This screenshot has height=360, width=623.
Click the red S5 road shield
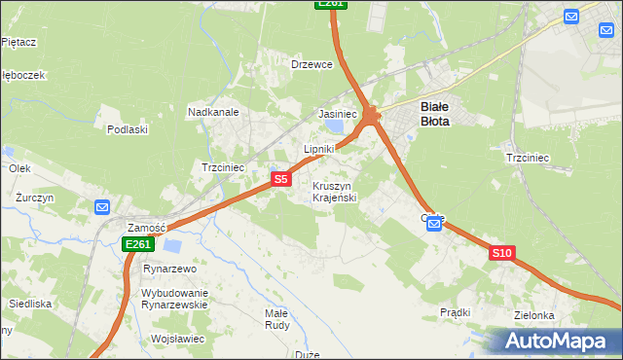pos(280,179)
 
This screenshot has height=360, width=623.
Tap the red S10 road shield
pos(501,253)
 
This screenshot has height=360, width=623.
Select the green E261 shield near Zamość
pos(137,244)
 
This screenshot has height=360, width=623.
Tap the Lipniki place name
pos(318,149)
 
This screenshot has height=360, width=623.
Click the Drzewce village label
pos(311,64)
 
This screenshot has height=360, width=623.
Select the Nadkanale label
pos(213,112)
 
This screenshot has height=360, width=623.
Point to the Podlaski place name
pos(127,128)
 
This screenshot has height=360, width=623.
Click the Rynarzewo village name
pos(170,269)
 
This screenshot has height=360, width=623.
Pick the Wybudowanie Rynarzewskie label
pos(175,299)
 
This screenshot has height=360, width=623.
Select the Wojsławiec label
pos(177,339)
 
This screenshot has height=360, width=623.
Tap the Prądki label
pos(456,312)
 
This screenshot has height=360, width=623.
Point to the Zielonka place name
pos(535,316)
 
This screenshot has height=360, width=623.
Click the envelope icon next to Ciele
pos(435,225)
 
